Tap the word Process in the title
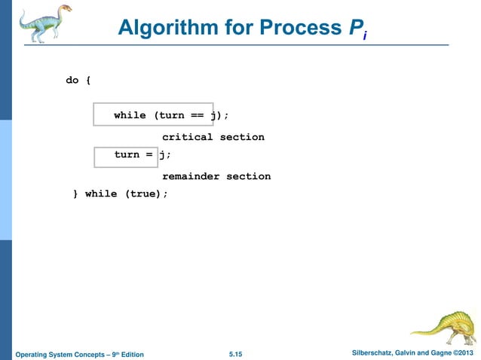295,29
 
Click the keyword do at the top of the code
72,80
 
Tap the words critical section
213,137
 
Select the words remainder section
216,176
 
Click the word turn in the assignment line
127,154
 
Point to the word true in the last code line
143,194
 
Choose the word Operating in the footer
32,354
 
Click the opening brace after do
88,80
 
